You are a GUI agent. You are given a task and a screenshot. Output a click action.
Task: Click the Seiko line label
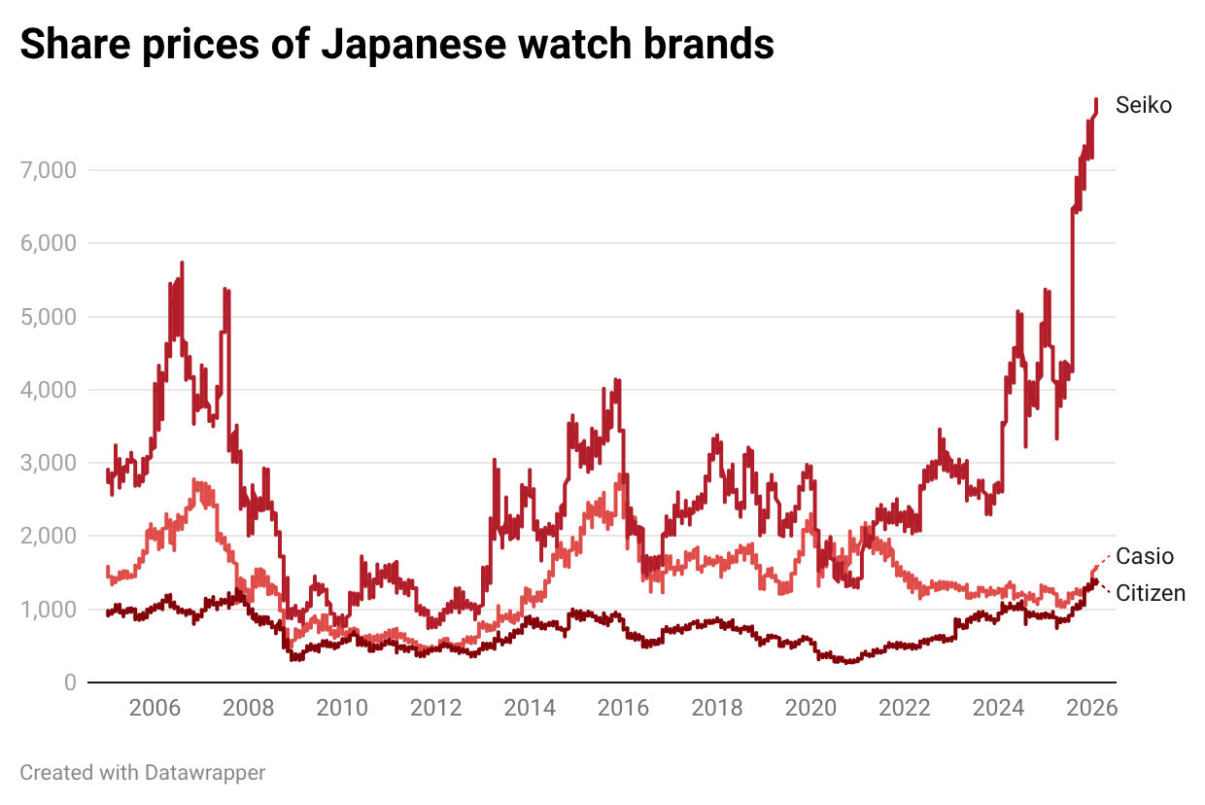click(1144, 105)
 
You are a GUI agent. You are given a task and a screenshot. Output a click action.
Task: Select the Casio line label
click(1145, 556)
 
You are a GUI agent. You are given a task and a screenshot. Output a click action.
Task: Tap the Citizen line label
click(1151, 593)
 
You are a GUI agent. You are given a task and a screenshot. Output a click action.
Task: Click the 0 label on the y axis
click(70, 682)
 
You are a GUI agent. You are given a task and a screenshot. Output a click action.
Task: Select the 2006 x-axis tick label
click(154, 708)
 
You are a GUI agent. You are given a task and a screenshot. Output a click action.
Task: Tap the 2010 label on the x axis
click(342, 708)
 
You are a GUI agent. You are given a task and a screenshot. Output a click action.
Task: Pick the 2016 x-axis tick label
click(623, 708)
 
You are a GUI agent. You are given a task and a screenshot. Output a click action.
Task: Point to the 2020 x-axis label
click(810, 708)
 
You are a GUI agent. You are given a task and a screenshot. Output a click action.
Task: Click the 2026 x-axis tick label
click(1091, 708)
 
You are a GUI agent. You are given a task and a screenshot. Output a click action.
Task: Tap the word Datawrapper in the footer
click(205, 773)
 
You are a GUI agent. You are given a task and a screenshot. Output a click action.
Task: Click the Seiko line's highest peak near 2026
click(1096, 100)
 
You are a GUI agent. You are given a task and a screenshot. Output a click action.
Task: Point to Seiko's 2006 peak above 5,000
click(182, 263)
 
